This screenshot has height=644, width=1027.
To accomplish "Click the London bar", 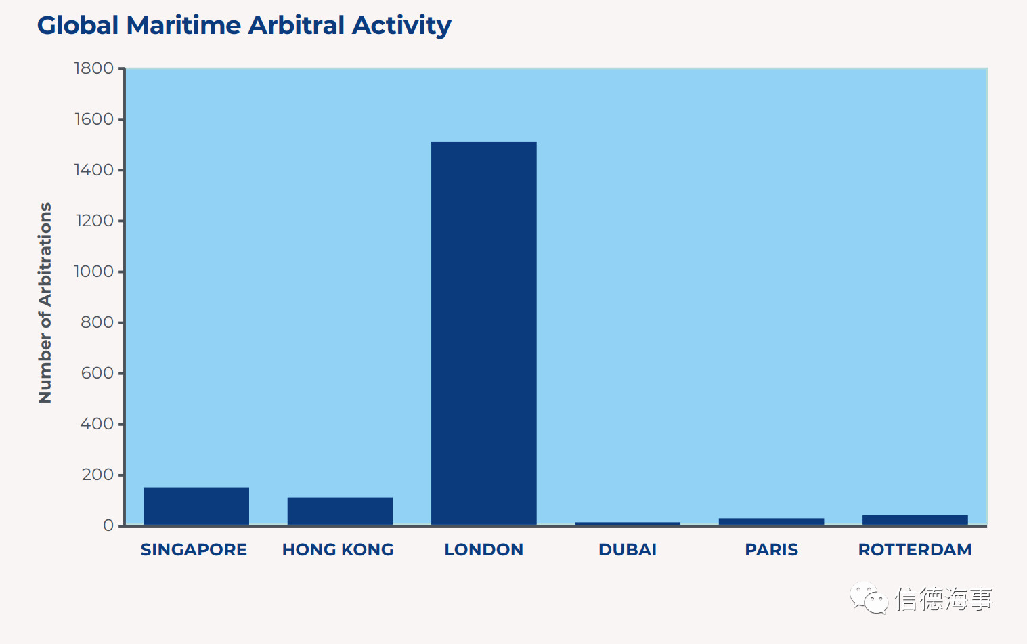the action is coord(483,333).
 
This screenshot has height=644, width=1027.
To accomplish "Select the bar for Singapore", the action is coord(196,506).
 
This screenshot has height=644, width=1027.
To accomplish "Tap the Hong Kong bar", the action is coord(341,511).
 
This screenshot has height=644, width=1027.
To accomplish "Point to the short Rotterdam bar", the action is coord(915,520).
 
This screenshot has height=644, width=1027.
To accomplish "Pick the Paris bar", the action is coord(771,521).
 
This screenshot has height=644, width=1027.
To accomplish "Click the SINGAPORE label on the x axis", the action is coord(194,549).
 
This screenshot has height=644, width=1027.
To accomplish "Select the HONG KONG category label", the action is coord(338,549).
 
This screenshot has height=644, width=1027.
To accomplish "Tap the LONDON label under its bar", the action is coord(483,549).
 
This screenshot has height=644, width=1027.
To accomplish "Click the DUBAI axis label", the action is coord(628,549).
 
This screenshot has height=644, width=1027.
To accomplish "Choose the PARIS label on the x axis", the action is coord(771,549).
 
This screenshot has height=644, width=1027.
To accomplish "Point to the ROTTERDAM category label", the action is coord(915,549).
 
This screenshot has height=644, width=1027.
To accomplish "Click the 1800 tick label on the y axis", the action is coord(93,68).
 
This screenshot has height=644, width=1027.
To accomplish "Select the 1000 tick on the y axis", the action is coord(93,272).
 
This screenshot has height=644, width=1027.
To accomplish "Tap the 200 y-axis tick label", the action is coord(97,475).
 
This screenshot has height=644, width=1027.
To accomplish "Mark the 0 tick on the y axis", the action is coord(108,525).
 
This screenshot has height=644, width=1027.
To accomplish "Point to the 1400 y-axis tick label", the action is coord(93,170).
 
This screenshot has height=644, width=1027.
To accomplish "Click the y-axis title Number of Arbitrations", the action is coord(45,303).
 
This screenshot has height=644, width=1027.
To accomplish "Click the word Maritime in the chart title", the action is coord(183,25).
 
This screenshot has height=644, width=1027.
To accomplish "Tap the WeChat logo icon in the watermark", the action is coord(869,598).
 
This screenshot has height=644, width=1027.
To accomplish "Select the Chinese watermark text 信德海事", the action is coord(944,599).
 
